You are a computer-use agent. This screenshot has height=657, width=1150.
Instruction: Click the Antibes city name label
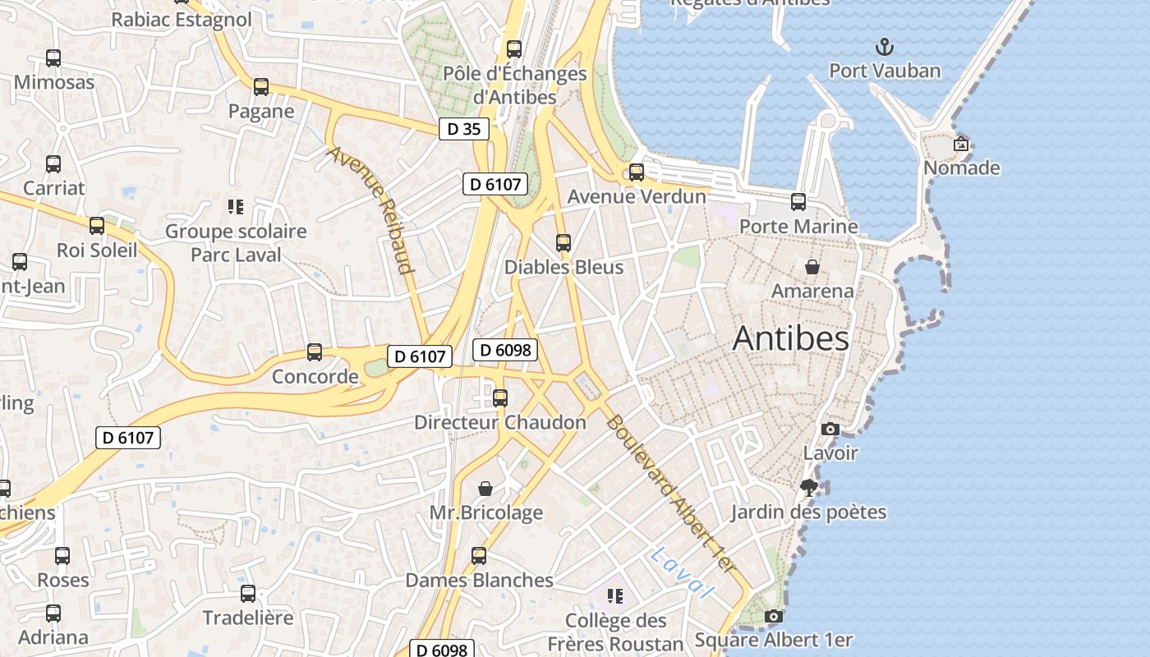(790, 338)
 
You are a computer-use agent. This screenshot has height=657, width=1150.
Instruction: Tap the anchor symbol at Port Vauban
(885, 46)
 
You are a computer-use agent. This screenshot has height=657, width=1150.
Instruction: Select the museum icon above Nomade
(960, 144)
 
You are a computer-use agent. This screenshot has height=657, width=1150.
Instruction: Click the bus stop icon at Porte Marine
(798, 201)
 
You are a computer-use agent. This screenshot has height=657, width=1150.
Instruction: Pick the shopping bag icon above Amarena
(812, 267)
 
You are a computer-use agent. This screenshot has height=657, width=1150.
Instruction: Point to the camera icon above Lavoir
(830, 429)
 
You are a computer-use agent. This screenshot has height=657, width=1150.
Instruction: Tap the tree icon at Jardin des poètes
(809, 488)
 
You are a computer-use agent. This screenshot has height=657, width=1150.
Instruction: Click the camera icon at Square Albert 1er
(773, 616)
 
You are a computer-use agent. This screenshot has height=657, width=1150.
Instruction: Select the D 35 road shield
(463, 129)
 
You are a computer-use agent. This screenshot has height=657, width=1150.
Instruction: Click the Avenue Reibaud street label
(371, 209)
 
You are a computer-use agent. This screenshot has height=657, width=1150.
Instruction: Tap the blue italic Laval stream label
(681, 572)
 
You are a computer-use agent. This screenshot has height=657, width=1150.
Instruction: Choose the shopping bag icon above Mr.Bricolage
(485, 489)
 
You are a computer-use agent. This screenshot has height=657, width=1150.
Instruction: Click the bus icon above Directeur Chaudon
(499, 398)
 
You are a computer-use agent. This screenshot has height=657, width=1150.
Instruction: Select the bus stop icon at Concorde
(315, 352)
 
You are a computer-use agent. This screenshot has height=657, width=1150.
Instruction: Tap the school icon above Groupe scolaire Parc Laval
(236, 207)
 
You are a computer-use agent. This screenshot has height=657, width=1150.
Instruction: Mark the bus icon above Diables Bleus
(563, 243)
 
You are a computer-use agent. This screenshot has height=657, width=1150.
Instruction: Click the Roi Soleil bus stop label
(97, 250)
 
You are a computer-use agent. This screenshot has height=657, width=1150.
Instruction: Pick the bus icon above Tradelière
(247, 594)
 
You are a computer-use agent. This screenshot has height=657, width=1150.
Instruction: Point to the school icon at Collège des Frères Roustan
(614, 596)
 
